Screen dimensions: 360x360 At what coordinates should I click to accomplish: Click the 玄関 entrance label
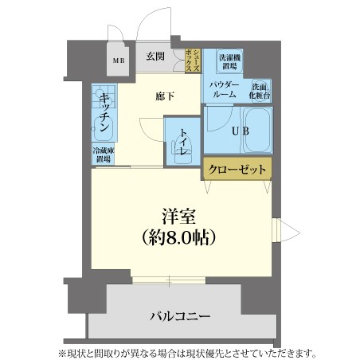(155, 57)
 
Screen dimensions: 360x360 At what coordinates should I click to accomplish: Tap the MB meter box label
(119, 61)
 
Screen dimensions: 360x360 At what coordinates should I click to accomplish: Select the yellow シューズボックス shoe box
(193, 61)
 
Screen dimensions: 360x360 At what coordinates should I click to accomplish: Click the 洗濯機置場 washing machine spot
(229, 61)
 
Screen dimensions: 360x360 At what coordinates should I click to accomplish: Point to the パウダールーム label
(225, 89)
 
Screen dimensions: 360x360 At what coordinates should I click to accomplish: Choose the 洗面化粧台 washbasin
(260, 91)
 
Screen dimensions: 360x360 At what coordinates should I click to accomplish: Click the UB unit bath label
(241, 131)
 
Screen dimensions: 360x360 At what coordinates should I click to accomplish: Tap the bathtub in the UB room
(258, 130)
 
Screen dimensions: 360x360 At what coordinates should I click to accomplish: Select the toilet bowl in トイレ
(182, 152)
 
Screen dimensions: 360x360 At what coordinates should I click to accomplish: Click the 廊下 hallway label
(165, 96)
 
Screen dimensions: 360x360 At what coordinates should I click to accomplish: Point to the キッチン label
(104, 112)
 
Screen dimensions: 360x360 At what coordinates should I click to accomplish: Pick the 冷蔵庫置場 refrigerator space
(104, 155)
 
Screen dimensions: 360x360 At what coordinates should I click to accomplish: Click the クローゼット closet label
(237, 169)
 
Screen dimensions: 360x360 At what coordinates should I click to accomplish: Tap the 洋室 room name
(178, 217)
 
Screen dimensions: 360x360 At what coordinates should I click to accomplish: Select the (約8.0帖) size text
(178, 237)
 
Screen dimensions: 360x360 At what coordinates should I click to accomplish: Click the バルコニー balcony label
(180, 316)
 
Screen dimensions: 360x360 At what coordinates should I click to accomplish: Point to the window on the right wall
(276, 230)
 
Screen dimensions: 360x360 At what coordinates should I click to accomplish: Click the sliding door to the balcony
(169, 280)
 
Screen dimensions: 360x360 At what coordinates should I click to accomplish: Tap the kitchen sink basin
(103, 129)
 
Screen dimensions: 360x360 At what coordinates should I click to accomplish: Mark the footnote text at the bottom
(187, 354)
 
